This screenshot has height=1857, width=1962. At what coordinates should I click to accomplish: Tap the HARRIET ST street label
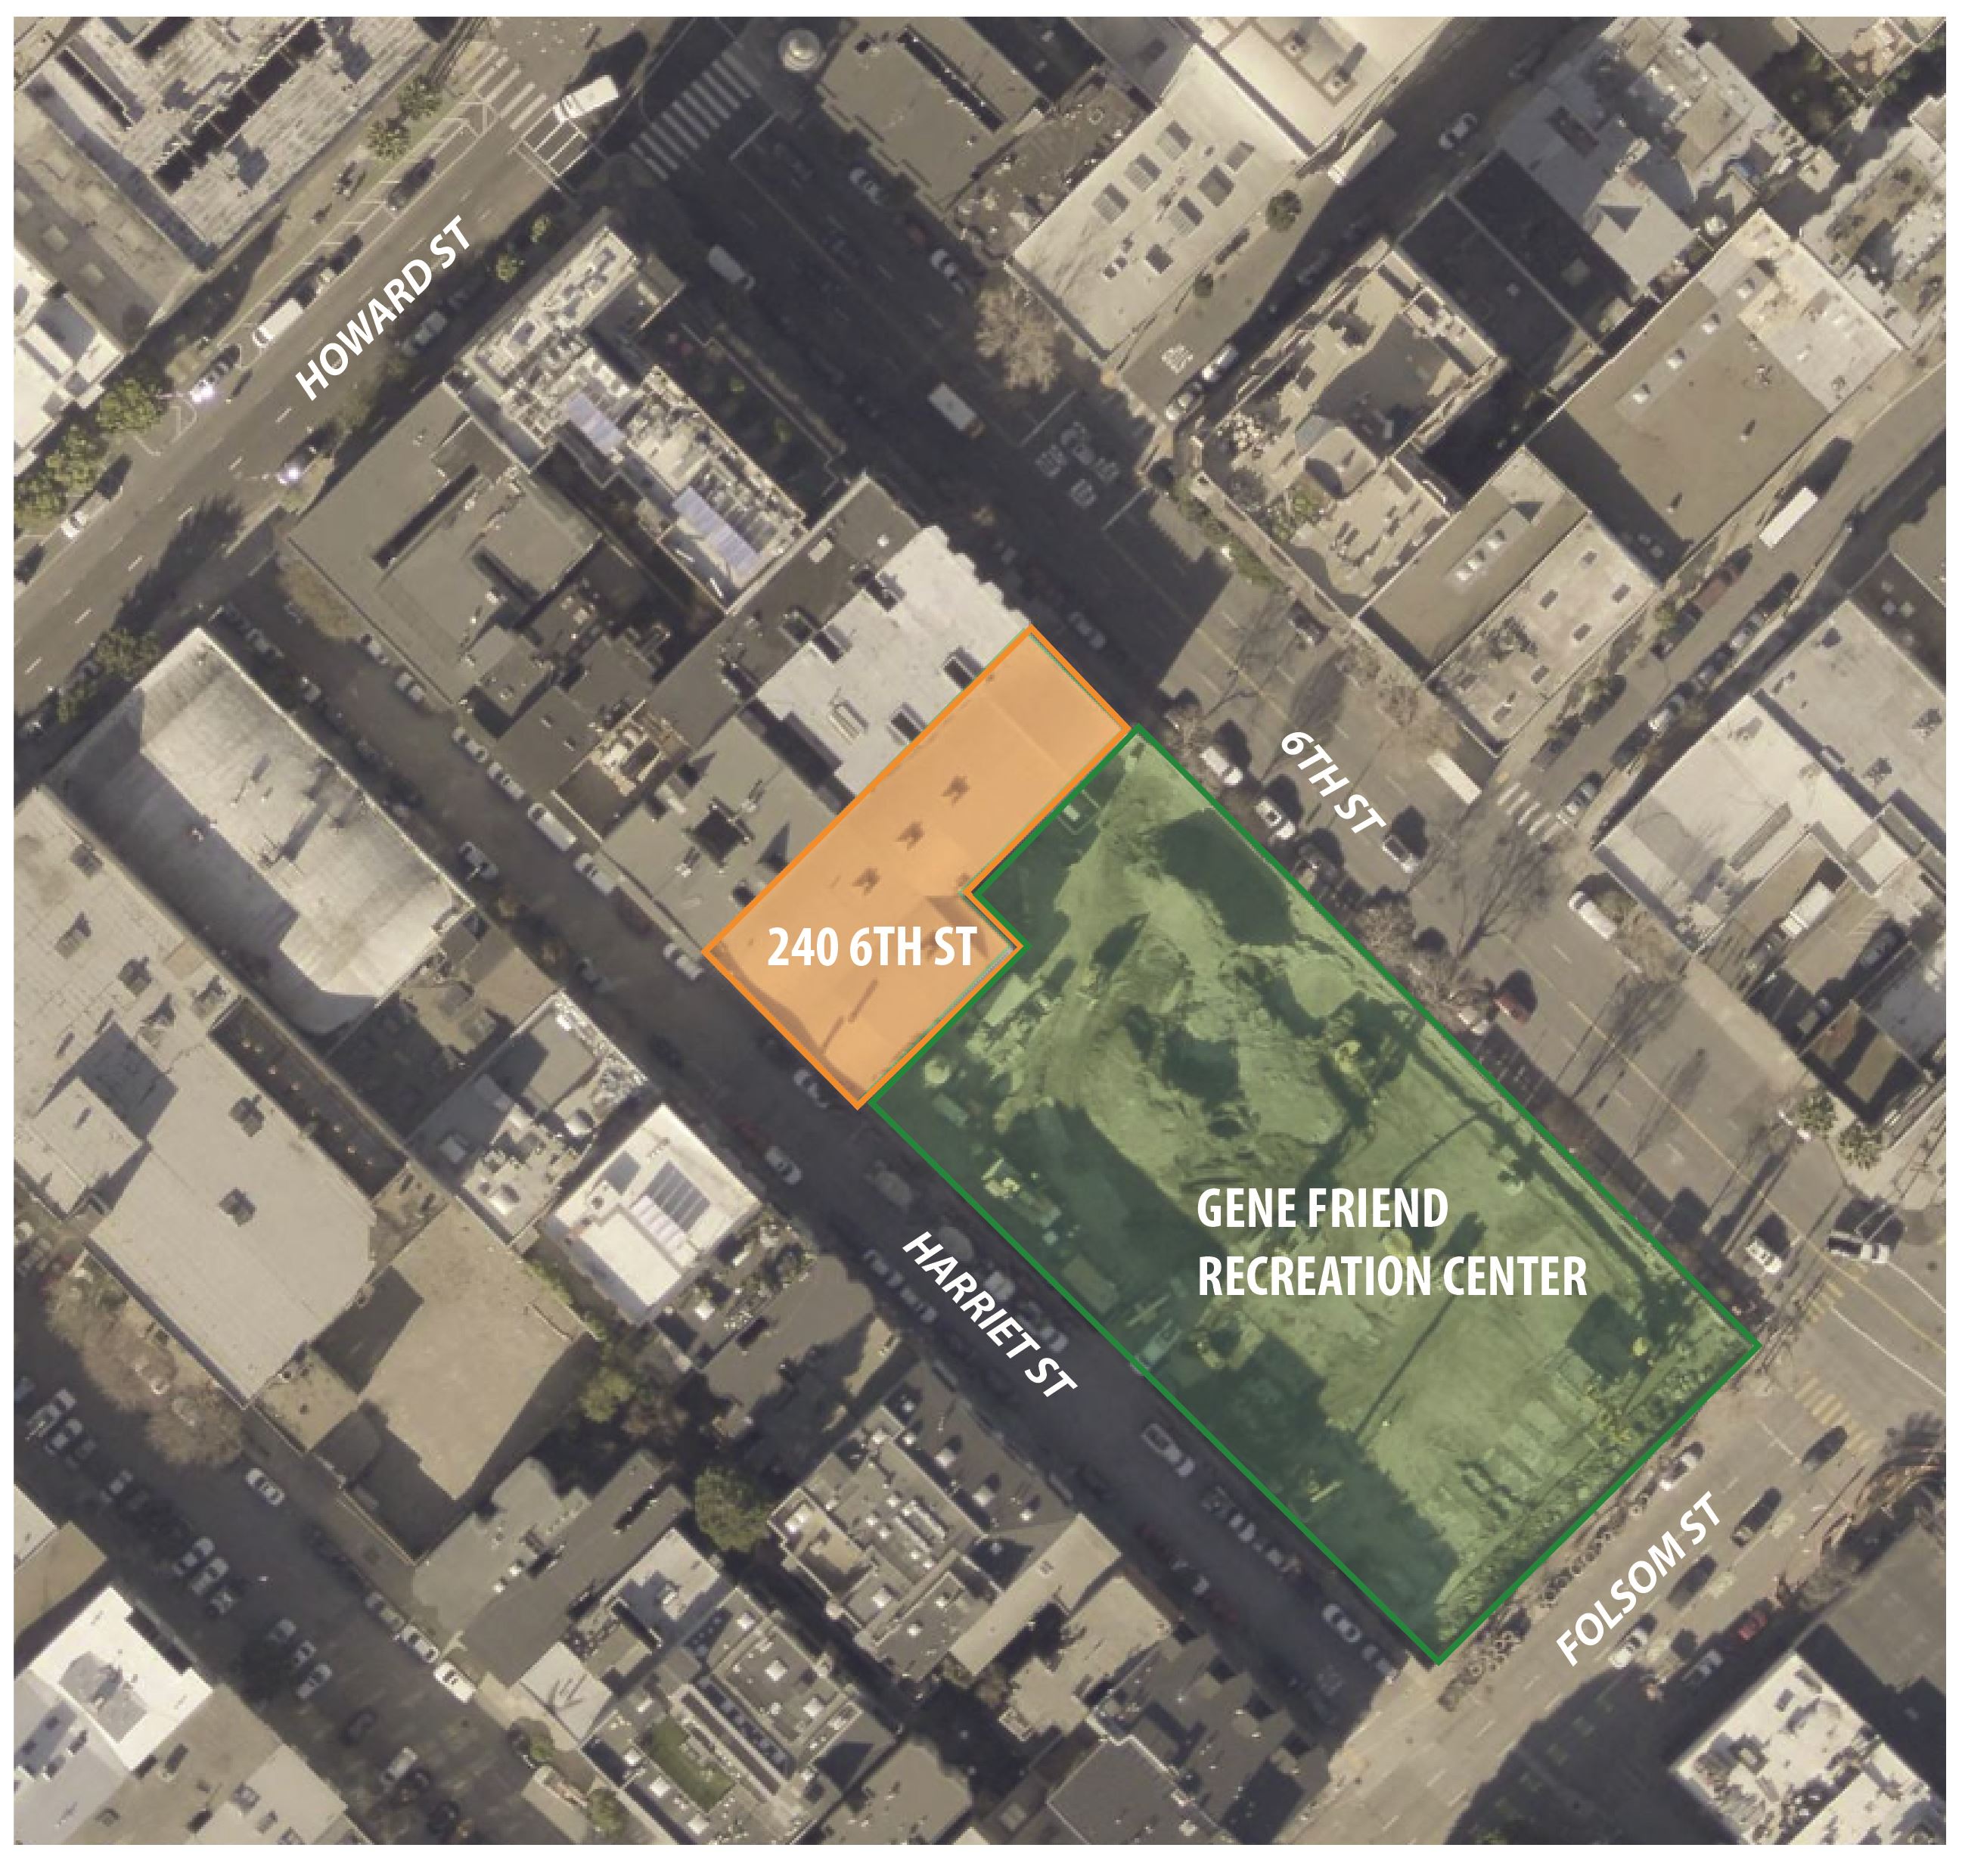[x=990, y=1315]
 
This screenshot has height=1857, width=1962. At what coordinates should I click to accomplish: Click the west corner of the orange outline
[x=705, y=952]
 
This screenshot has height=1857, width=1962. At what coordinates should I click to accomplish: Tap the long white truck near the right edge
[x=1789, y=516]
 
